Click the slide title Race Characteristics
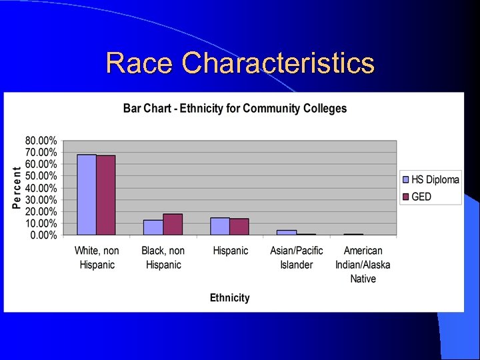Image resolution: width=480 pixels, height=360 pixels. click(240, 63)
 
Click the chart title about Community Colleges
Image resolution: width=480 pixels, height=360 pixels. click(235, 109)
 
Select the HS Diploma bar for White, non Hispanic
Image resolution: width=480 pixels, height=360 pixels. click(87, 195)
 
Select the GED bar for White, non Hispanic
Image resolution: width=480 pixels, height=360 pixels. click(106, 195)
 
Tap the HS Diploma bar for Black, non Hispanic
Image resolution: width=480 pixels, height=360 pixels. click(153, 227)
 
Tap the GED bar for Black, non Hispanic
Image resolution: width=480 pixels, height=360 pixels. click(173, 225)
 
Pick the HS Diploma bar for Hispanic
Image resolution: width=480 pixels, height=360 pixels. click(220, 227)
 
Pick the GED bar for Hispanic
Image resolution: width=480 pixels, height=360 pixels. click(239, 227)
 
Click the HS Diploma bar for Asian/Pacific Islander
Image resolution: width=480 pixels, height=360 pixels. click(287, 233)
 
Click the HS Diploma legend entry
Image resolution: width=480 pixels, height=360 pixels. click(430, 179)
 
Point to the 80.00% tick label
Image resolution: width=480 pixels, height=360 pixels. click(41, 141)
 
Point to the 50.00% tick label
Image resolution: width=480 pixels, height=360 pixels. click(41, 176)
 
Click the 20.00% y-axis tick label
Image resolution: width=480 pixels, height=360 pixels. click(41, 211)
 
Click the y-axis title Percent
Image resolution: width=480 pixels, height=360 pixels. click(17, 187)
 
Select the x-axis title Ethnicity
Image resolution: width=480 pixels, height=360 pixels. click(229, 298)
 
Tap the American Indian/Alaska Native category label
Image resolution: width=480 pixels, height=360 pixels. click(363, 265)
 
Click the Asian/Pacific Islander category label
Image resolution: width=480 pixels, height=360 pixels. click(296, 257)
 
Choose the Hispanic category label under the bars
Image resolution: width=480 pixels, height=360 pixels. click(230, 251)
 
